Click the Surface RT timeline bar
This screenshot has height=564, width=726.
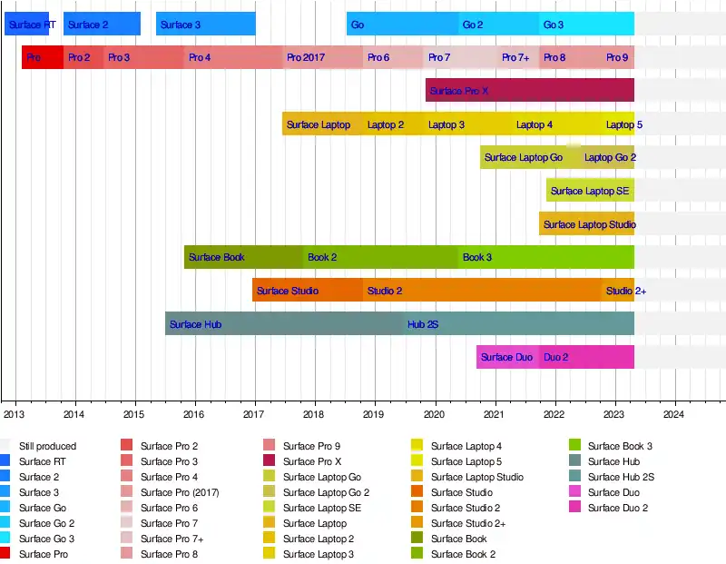(26, 25)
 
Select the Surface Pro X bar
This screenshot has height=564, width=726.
(529, 91)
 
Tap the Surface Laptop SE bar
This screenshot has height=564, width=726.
(590, 191)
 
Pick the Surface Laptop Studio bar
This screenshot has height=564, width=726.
(586, 224)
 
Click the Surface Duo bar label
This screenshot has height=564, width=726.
(506, 357)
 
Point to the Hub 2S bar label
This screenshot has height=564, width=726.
(423, 324)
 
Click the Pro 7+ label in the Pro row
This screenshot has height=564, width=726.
(515, 58)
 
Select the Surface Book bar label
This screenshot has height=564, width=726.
(217, 257)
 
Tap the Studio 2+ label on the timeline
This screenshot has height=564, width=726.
(626, 291)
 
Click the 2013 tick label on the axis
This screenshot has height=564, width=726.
(15, 415)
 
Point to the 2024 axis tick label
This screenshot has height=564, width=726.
(673, 415)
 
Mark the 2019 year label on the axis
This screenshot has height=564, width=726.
(373, 415)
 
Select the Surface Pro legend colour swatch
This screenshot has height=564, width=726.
(6, 554)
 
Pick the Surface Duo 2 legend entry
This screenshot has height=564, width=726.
(617, 508)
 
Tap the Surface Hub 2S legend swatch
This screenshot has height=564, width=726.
(574, 477)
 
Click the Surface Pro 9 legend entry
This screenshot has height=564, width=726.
(311, 446)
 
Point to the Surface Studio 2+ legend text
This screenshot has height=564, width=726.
(467, 523)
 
